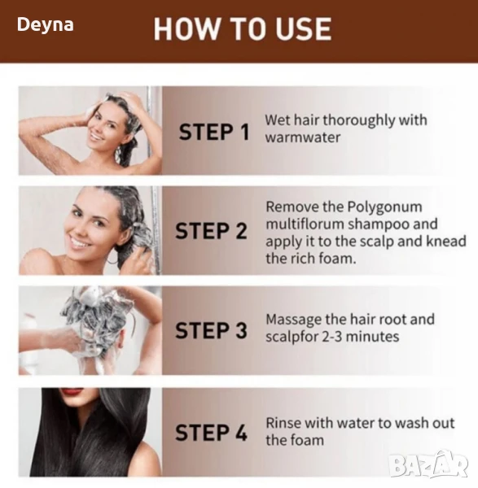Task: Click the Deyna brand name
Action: click(45, 25)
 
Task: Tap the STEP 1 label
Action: click(214, 132)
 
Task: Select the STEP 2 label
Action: click(211, 231)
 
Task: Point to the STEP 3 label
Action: click(211, 330)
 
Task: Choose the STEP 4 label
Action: click(211, 433)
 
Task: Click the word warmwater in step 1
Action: click(303, 137)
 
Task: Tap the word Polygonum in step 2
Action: click(384, 207)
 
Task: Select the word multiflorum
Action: click(305, 224)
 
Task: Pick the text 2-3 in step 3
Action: click(332, 337)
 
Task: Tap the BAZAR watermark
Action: click(429, 464)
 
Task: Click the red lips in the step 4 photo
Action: click(73, 391)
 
